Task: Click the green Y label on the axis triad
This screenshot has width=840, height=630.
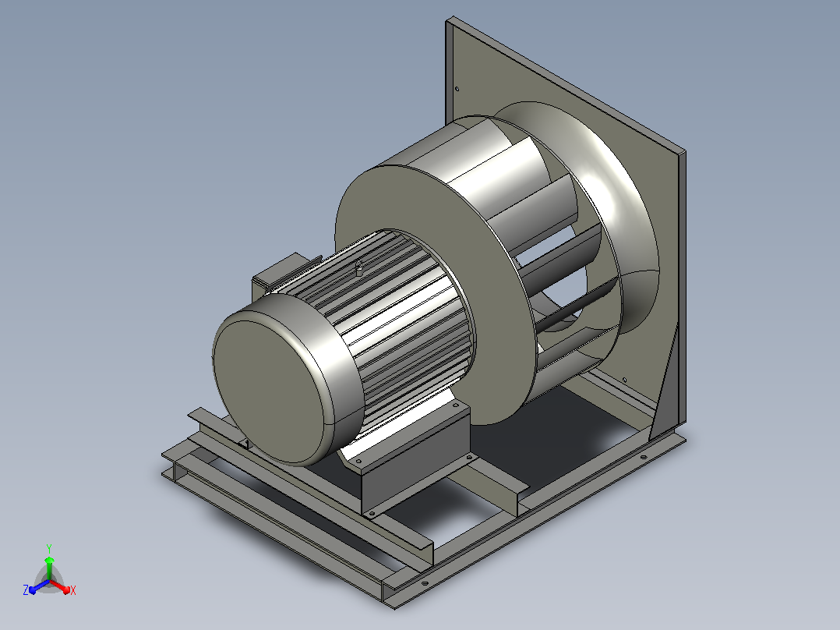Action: [x=49, y=548]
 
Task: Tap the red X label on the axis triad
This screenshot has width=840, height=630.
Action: [x=73, y=590]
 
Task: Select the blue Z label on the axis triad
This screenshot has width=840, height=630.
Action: [x=26, y=589]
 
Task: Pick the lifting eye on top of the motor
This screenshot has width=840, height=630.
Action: [x=359, y=268]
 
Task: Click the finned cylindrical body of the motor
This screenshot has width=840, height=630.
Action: [x=397, y=322]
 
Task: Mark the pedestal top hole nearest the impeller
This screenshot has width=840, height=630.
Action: [x=456, y=406]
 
